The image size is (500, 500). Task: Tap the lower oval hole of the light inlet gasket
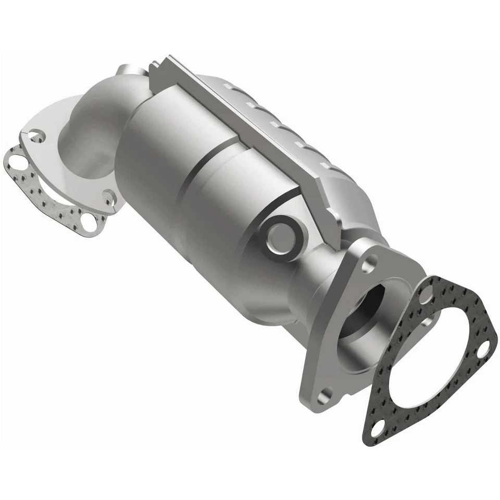[89, 226]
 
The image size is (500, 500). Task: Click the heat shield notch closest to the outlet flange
[328, 167]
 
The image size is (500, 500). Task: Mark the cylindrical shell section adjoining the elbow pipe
[151, 156]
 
